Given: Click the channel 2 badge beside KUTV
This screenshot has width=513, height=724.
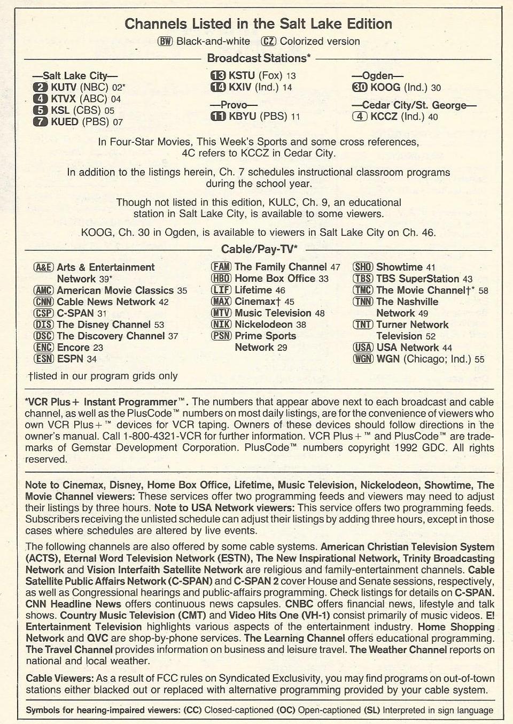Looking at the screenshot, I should [x=41, y=87].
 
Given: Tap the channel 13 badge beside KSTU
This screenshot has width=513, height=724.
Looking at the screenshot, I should [x=218, y=75].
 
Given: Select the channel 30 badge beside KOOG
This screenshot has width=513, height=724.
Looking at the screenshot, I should [x=360, y=87].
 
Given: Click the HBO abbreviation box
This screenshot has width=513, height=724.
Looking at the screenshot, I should [x=221, y=279].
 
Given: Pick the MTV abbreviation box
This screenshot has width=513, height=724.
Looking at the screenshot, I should [x=221, y=313].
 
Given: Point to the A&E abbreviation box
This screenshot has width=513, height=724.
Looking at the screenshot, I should [x=43, y=267].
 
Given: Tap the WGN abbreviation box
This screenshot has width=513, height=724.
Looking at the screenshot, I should [x=363, y=358].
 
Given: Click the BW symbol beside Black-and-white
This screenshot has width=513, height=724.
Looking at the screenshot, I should [x=165, y=41].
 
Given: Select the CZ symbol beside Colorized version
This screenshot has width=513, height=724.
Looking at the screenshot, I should [x=268, y=41].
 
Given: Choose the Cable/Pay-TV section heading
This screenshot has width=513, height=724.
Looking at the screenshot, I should [x=259, y=249].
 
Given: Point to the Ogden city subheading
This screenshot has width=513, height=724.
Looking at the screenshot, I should [x=377, y=76].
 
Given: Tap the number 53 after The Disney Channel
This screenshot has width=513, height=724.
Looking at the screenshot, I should [x=159, y=325].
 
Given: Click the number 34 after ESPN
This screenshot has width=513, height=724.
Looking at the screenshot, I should [x=91, y=359].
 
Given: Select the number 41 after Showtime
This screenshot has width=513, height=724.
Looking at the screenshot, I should [x=431, y=267].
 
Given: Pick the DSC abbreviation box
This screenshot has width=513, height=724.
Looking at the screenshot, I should [x=43, y=336].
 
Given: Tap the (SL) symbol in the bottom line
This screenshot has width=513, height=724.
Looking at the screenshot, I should [x=371, y=711].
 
